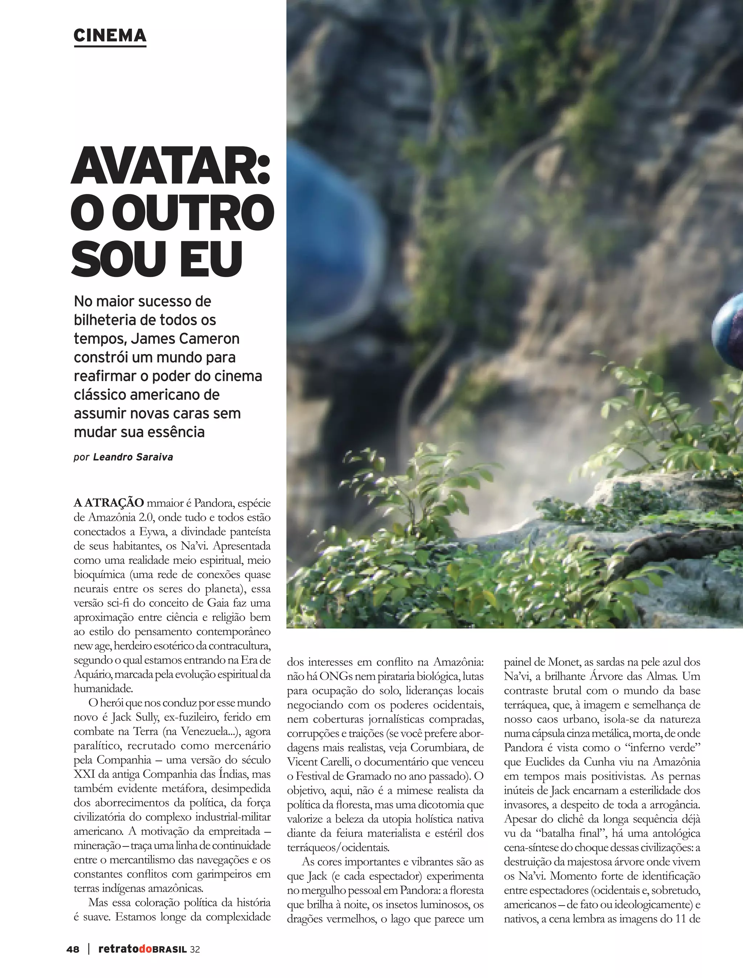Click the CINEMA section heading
click(x=110, y=36)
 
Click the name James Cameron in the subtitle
click(x=185, y=338)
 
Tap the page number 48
click(x=73, y=949)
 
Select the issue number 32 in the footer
click(x=194, y=949)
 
